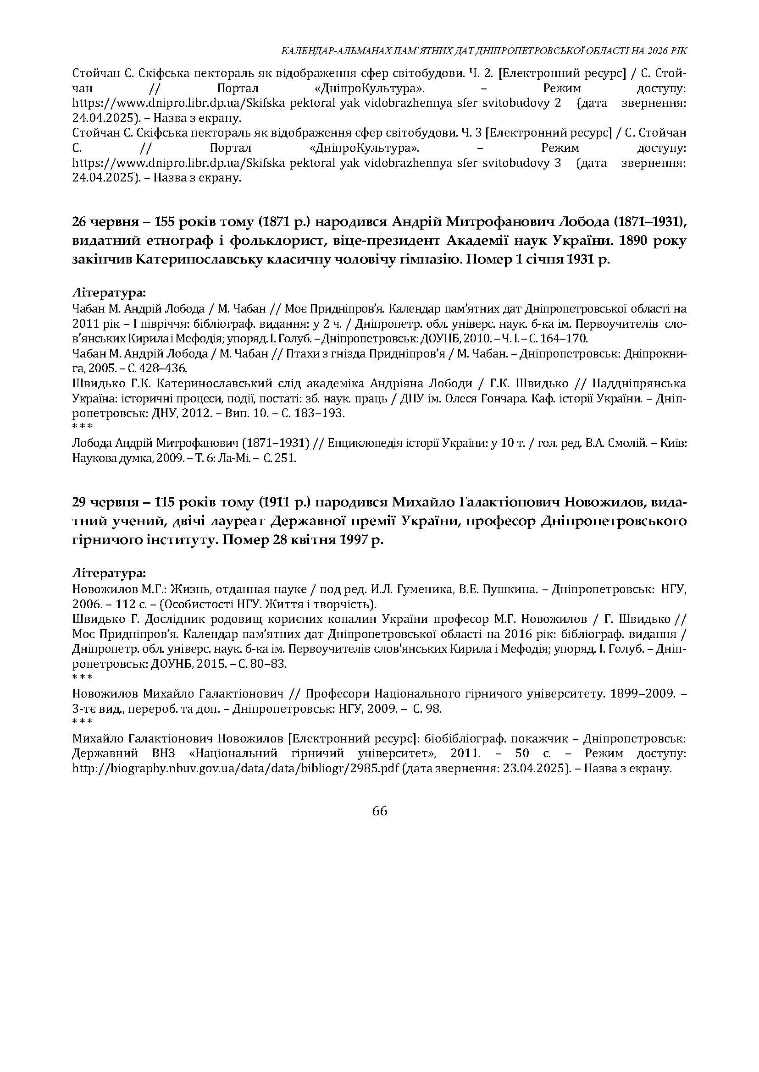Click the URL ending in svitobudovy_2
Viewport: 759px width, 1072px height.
[317, 103]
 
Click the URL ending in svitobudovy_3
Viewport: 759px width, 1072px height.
[317, 163]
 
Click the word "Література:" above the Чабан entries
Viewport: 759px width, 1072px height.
[109, 293]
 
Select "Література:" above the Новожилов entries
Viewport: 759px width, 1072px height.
[109, 573]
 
